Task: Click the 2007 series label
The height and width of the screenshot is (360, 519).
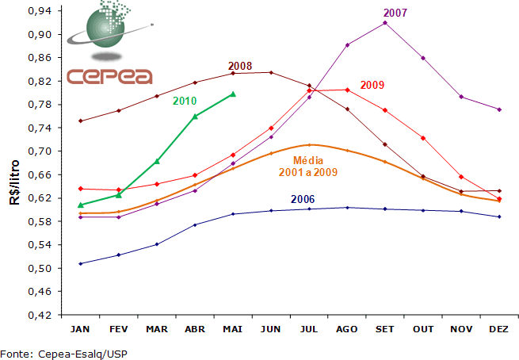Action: [395, 13]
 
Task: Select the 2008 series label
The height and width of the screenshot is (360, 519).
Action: [239, 65]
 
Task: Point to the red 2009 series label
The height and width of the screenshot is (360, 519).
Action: [372, 85]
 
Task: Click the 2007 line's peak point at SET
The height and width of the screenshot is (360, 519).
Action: [385, 23]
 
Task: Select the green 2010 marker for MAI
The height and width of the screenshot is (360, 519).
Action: [232, 94]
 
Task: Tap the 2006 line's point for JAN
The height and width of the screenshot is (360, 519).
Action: [80, 263]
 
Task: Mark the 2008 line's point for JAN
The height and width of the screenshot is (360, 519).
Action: [80, 121]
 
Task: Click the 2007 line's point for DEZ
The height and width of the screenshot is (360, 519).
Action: [499, 109]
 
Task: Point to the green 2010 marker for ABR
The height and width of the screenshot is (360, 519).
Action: [195, 116]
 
